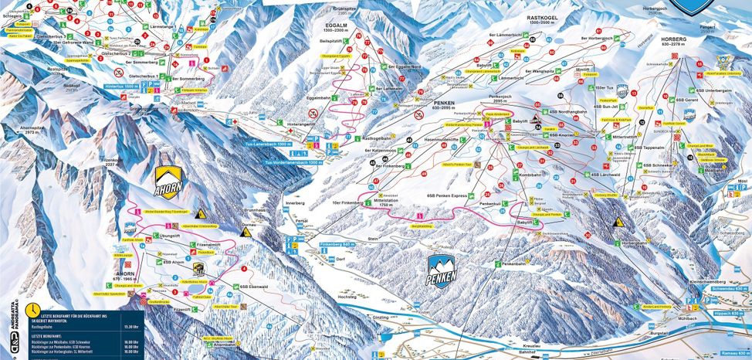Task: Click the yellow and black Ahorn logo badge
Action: pyautogui.click(x=170, y=183)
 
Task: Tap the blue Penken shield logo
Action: pyautogui.click(x=442, y=268)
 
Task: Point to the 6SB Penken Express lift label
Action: pyautogui.click(x=446, y=196)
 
